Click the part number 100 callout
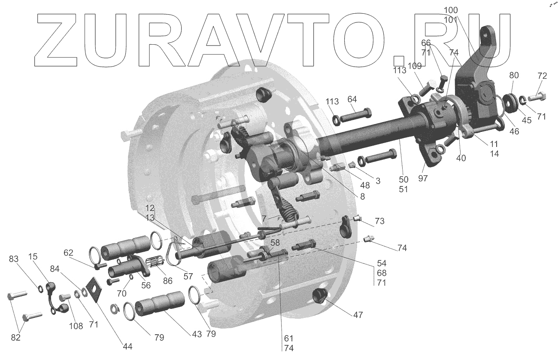(451, 10)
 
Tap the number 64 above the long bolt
(352, 99)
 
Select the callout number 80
(514, 75)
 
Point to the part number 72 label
(542, 76)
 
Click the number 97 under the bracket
(423, 178)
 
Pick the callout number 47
(358, 315)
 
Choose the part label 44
(127, 346)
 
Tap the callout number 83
(14, 259)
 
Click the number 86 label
(168, 281)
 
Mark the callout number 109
(415, 66)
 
